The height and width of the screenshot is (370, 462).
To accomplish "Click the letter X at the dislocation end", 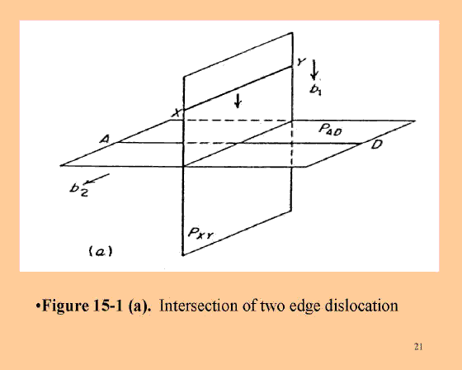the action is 177,112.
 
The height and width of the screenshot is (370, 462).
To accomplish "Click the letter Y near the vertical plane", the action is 301,62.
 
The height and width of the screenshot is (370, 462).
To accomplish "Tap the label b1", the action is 315,90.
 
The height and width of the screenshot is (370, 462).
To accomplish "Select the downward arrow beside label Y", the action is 314,70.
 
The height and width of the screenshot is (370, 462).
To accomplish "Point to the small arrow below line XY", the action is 238,101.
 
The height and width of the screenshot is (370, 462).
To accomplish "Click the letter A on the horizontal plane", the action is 104,139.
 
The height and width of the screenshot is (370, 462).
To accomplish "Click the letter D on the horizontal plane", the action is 377,145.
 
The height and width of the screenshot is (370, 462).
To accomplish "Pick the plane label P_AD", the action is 330,129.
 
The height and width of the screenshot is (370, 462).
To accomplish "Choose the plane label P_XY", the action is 200,234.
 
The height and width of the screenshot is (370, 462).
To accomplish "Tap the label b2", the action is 78,189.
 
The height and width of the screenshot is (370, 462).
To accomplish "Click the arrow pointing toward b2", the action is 97,179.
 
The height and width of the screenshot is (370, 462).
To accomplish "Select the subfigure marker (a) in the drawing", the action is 101,251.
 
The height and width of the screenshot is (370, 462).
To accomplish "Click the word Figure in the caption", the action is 65,306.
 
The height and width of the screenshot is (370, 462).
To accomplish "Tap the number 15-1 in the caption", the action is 108,306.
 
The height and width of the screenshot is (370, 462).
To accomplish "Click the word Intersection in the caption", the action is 198,306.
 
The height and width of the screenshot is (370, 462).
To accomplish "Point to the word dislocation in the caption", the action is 361,306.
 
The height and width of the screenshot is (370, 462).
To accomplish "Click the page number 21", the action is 418,346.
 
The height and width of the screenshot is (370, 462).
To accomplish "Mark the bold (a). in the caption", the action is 139,306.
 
